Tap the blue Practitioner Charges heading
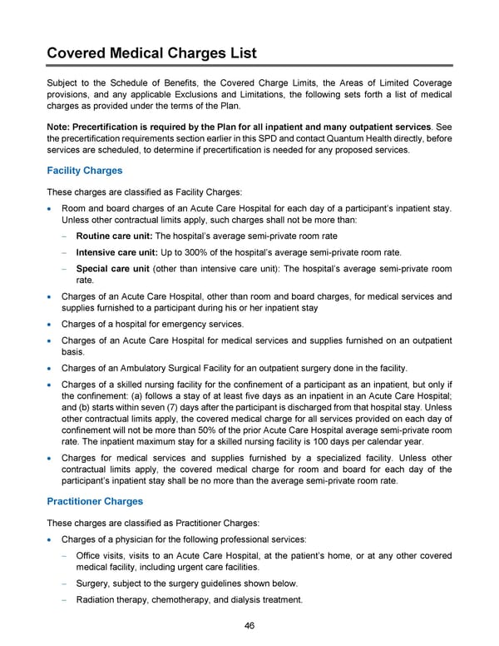95,502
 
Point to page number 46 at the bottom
249,627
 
